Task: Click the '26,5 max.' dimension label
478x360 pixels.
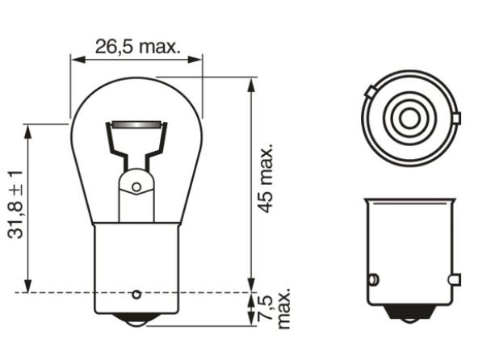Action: [137, 45]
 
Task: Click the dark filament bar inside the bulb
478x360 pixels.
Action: [136, 126]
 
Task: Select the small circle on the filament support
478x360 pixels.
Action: [136, 186]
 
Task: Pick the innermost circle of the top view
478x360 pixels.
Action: [409, 119]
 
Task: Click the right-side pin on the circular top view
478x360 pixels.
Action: [456, 120]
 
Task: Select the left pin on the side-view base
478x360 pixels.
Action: [372, 280]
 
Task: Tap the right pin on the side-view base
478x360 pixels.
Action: [455, 280]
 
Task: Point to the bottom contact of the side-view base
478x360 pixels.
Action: [409, 314]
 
